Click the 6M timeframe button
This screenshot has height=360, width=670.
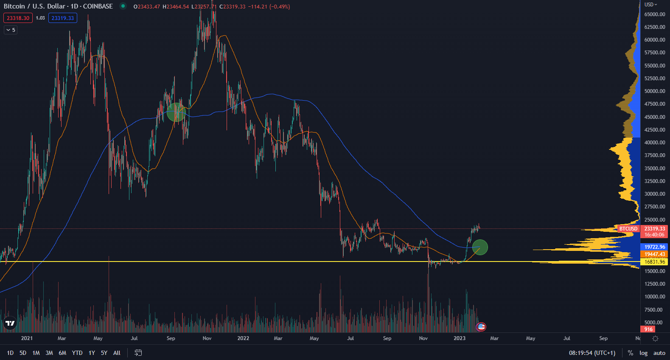pyautogui.click(x=62, y=353)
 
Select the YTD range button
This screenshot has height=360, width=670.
pyautogui.click(x=77, y=353)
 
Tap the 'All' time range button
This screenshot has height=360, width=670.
pyautogui.click(x=117, y=353)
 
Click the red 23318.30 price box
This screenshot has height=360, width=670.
pyautogui.click(x=18, y=18)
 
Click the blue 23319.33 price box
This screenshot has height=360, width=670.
pyautogui.click(x=63, y=18)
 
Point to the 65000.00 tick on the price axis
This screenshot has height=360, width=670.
pyautogui.click(x=655, y=14)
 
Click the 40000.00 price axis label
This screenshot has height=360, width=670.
pyautogui.click(x=655, y=143)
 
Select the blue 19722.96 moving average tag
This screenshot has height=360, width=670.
pyautogui.click(x=655, y=247)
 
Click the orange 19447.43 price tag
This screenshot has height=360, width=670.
pyautogui.click(x=655, y=254)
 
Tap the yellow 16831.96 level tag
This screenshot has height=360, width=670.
pyautogui.click(x=655, y=262)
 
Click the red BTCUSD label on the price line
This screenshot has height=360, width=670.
pyautogui.click(x=628, y=229)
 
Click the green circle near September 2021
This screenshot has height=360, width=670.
pyautogui.click(x=176, y=112)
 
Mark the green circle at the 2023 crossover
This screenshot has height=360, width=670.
pyautogui.click(x=480, y=247)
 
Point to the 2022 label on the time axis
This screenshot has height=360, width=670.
pyautogui.click(x=243, y=338)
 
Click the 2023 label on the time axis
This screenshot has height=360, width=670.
pyautogui.click(x=460, y=338)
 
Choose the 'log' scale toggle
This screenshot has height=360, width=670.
pyautogui.click(x=644, y=353)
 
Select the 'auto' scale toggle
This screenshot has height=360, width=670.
pyautogui.click(x=659, y=353)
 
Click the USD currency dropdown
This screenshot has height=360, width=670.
pyautogui.click(x=650, y=4)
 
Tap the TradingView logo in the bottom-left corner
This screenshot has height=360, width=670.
pyautogui.click(x=10, y=323)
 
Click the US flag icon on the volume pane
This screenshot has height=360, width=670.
pyautogui.click(x=481, y=327)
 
